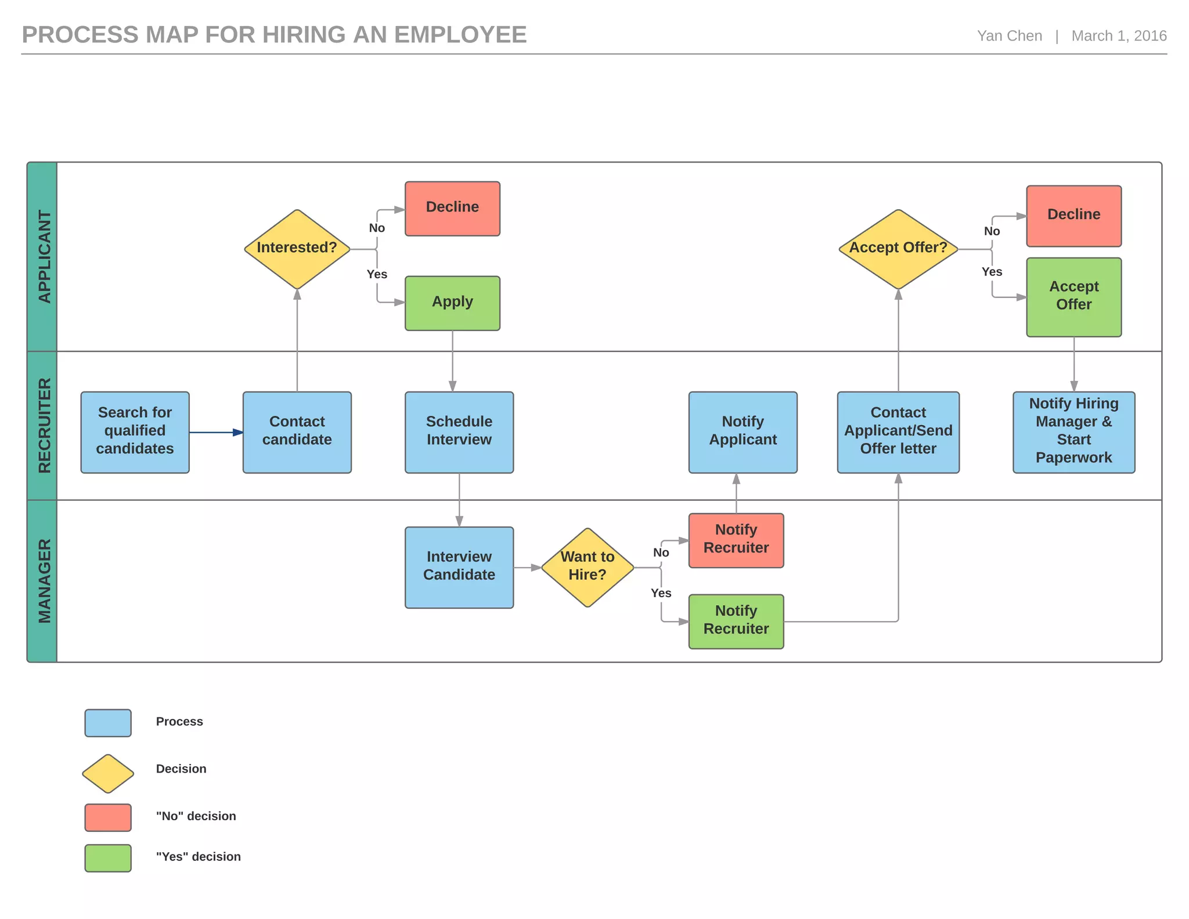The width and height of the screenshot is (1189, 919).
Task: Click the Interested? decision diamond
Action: pyautogui.click(x=297, y=249)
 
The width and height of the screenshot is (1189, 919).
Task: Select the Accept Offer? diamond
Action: pyautogui.click(x=898, y=249)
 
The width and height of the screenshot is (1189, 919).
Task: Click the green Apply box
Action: pyautogui.click(x=452, y=303)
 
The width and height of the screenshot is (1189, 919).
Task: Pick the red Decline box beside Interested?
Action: pyautogui.click(x=452, y=208)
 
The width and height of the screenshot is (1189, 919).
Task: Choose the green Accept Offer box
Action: pyautogui.click(x=1073, y=296)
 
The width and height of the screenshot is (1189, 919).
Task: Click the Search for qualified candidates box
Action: pyautogui.click(x=135, y=432)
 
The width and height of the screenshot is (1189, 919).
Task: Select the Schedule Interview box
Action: pyautogui.click(x=459, y=432)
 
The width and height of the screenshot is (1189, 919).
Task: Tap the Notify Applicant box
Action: pyautogui.click(x=743, y=432)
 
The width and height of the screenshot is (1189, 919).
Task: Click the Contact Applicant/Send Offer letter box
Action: pyautogui.click(x=898, y=432)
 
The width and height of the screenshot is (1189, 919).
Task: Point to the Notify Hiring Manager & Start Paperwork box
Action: pyautogui.click(x=1073, y=432)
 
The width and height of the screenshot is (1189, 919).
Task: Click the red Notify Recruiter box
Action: pyautogui.click(x=736, y=540)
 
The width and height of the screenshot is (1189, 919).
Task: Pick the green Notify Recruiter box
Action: pyautogui.click(x=736, y=620)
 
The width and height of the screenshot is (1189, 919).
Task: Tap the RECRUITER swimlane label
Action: pyautogui.click(x=44, y=425)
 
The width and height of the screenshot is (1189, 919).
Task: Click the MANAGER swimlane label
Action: pyautogui.click(x=44, y=580)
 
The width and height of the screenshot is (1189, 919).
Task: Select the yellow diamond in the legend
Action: pyautogui.click(x=108, y=773)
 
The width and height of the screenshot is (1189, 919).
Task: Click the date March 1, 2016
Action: pyautogui.click(x=1118, y=36)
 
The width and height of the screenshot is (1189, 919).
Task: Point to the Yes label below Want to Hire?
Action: pyautogui.click(x=661, y=593)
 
